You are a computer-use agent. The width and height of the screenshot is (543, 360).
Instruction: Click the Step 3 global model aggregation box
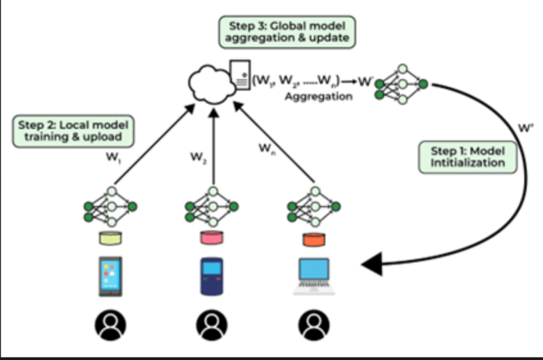pos(288,31)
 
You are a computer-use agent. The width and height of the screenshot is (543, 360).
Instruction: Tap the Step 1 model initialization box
pos(468,156)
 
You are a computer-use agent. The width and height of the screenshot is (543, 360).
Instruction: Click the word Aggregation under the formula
pos(318,97)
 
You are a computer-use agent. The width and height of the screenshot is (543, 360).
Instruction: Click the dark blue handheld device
pos(212,276)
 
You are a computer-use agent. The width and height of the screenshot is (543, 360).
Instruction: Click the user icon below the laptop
pos(314,326)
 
